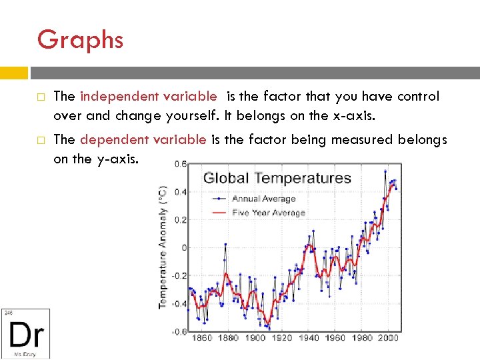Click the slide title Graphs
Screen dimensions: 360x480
(80, 40)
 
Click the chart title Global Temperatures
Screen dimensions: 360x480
(277, 178)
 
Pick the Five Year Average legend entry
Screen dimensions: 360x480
(268, 213)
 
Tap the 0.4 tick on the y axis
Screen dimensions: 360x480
(179, 192)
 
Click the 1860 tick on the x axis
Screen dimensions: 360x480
(201, 338)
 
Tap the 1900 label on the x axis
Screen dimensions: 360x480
(255, 338)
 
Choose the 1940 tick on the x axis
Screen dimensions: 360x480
(309, 338)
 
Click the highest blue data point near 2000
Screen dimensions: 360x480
(385, 171)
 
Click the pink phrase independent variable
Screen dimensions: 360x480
(147, 97)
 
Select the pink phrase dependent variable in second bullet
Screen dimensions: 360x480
(143, 139)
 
